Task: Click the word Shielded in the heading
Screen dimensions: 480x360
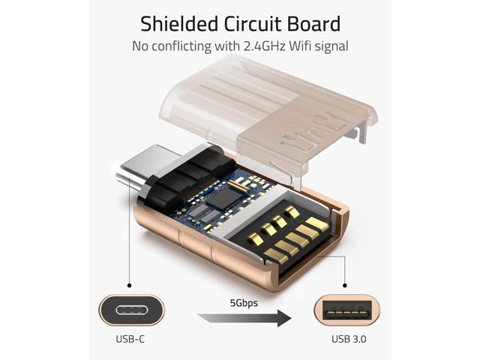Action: click(x=179, y=24)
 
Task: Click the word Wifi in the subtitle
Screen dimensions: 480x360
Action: click(x=300, y=46)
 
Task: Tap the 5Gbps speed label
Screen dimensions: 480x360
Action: click(x=244, y=303)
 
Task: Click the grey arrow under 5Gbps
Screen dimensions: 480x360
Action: click(x=244, y=318)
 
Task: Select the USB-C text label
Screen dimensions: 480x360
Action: click(x=130, y=339)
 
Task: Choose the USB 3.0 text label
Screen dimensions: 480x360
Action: click(x=349, y=339)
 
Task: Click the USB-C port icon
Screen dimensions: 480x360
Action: click(x=132, y=310)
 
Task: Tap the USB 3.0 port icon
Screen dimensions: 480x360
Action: click(x=347, y=310)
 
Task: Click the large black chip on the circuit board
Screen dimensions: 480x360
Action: click(x=224, y=198)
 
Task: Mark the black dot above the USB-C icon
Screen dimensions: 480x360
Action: click(x=130, y=285)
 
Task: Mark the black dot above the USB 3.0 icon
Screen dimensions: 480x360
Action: click(x=345, y=285)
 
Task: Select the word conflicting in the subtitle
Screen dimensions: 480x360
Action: click(x=181, y=46)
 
